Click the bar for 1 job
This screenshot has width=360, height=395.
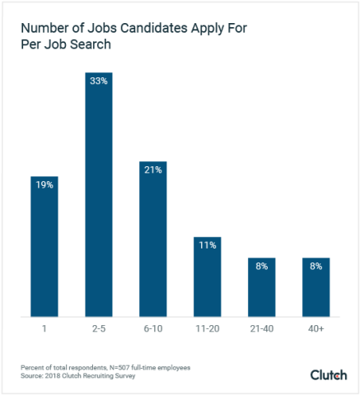pyautogui.click(x=44, y=247)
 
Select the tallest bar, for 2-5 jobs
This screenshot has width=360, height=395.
pyautogui.click(x=98, y=197)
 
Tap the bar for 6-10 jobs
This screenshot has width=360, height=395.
pyautogui.click(x=153, y=239)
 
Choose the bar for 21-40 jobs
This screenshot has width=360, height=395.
pyautogui.click(x=262, y=288)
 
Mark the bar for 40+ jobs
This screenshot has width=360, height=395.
pyautogui.click(x=316, y=288)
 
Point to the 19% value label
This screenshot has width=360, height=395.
pyautogui.click(x=44, y=185)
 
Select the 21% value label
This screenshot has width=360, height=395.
pyautogui.click(x=153, y=170)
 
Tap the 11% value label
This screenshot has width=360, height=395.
pyautogui.click(x=208, y=244)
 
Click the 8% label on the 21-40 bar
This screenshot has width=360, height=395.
pyautogui.click(x=262, y=266)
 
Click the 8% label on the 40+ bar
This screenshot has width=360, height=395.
pyautogui.click(x=316, y=266)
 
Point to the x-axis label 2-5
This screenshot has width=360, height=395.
pyautogui.click(x=98, y=329)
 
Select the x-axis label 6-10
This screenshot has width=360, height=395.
pyautogui.click(x=153, y=329)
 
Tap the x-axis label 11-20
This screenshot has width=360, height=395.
pyautogui.click(x=208, y=329)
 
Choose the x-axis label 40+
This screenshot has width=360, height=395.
pyautogui.click(x=316, y=329)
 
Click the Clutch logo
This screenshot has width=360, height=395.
pyautogui.click(x=328, y=374)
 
